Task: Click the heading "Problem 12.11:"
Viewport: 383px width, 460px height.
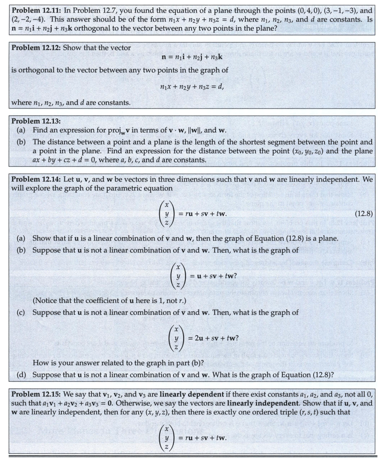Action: (x=35, y=10)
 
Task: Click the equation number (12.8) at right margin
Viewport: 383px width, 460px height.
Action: (x=363, y=214)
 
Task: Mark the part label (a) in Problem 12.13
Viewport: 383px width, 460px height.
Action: (x=22, y=130)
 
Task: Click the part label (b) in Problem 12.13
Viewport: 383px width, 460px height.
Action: (x=22, y=142)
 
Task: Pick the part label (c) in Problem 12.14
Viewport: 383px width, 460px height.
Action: (x=22, y=312)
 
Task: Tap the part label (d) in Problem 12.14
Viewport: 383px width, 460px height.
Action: (x=22, y=375)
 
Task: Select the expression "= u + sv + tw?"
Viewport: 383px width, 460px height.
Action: (x=212, y=276)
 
